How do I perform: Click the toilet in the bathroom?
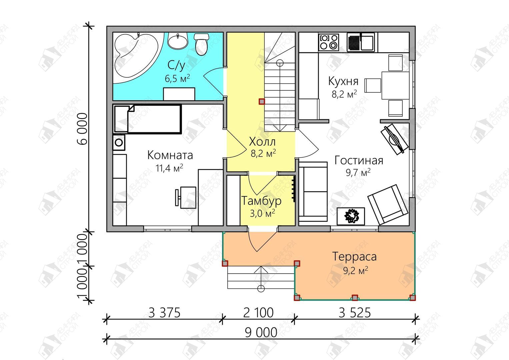click(201, 44)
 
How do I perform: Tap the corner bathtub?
click(136, 56)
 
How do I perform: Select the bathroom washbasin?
click(178, 40)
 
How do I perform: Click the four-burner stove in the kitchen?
click(329, 42)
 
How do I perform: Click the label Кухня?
click(343, 81)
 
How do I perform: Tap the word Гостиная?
click(359, 160)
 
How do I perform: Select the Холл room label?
click(262, 142)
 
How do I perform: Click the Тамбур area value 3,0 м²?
click(262, 213)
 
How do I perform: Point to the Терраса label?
click(354, 256)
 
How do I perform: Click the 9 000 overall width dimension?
click(261, 333)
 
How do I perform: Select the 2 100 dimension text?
click(258, 313)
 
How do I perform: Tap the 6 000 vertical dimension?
click(82, 129)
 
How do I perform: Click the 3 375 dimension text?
click(164, 313)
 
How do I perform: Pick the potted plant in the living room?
click(351, 216)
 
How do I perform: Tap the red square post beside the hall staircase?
click(262, 101)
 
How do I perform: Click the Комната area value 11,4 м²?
click(169, 168)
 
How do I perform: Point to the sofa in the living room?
click(313, 192)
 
